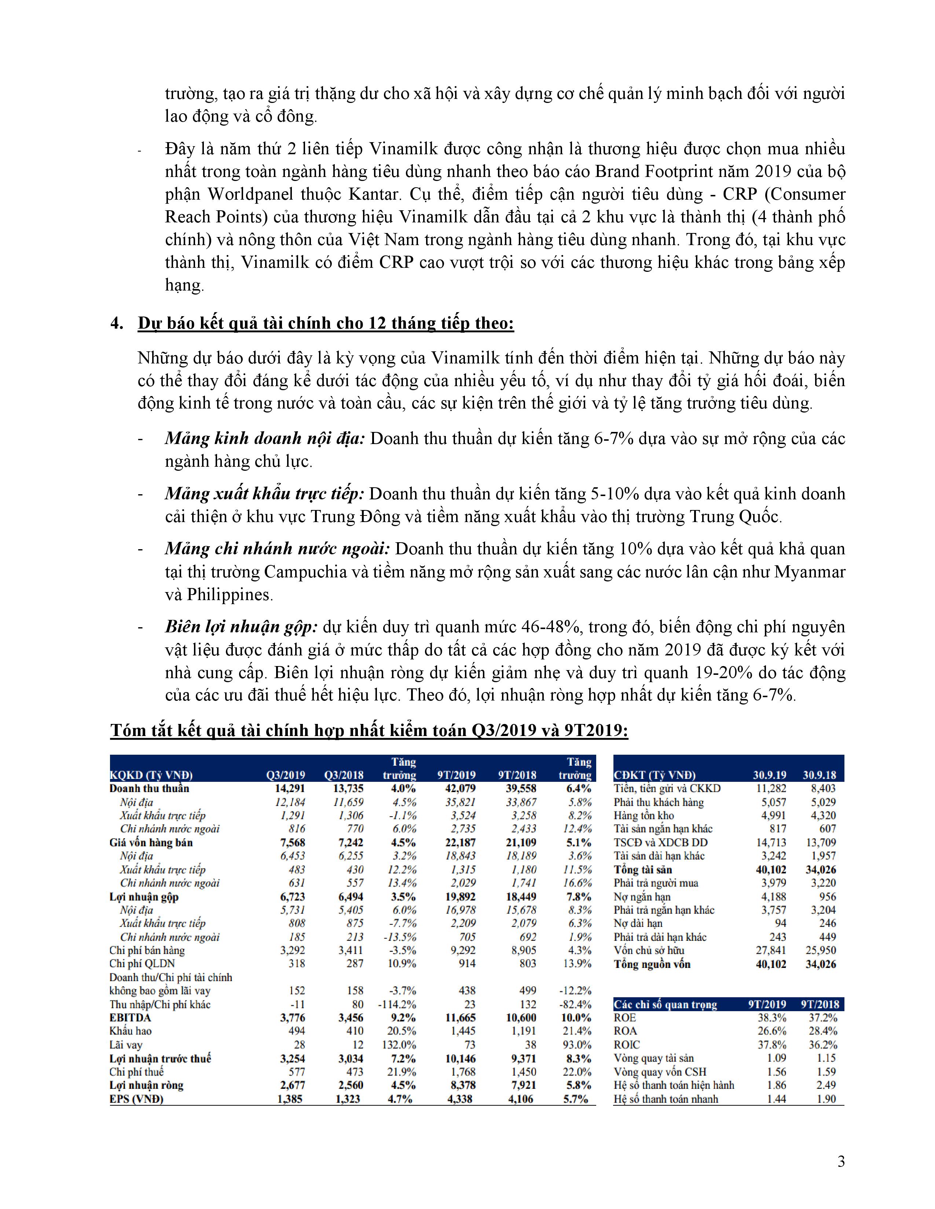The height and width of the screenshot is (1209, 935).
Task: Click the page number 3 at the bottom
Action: [x=841, y=1161]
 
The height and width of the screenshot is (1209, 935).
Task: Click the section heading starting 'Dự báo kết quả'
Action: [x=326, y=323]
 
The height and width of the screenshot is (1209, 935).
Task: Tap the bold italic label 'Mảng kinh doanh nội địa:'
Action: [x=265, y=439]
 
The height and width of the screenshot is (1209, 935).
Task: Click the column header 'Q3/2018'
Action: [x=344, y=775]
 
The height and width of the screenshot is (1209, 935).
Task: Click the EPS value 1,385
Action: [x=290, y=1099]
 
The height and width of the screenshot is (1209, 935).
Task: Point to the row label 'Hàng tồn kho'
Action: [x=642, y=816]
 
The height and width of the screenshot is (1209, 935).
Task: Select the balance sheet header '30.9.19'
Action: [x=769, y=775]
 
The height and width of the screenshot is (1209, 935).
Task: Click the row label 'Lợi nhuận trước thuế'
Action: [x=160, y=1058]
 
